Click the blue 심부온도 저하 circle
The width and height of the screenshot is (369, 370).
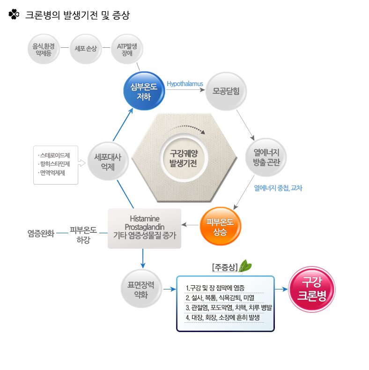point(144,91)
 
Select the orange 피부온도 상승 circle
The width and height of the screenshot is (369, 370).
point(221,226)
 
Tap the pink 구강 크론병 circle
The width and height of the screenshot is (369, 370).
point(312,289)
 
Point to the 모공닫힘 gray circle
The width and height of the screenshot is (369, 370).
point(226,91)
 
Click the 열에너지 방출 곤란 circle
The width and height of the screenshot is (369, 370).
point(266,157)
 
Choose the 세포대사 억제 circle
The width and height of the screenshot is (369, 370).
point(108,162)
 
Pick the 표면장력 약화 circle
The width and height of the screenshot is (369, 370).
point(141,289)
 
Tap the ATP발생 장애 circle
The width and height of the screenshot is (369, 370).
point(127,49)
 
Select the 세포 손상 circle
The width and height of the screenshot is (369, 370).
point(86,49)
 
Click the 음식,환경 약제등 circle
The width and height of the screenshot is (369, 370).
point(44,49)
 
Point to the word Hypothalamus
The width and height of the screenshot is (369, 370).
point(185,84)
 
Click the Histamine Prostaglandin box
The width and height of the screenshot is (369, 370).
point(144,229)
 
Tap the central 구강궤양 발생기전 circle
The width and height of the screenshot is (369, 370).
point(184,158)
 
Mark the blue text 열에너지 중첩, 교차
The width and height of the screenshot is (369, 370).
point(278,188)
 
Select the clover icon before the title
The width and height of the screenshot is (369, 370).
point(14,14)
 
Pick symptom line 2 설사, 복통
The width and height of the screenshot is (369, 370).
point(220,298)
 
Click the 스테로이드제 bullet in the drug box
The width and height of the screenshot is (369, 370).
point(54,155)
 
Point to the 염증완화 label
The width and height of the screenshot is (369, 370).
point(41,233)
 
